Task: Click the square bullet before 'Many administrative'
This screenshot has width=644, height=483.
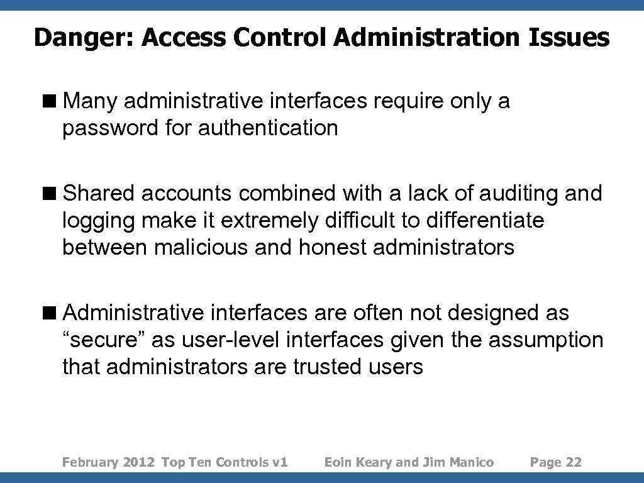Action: click(54, 101)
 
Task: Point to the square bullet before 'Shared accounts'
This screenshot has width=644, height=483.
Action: click(54, 194)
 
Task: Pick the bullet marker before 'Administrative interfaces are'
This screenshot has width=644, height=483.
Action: click(54, 313)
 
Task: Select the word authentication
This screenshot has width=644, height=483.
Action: click(268, 128)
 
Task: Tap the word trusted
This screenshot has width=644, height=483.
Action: click(326, 367)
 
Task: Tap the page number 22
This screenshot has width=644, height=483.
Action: click(574, 463)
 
